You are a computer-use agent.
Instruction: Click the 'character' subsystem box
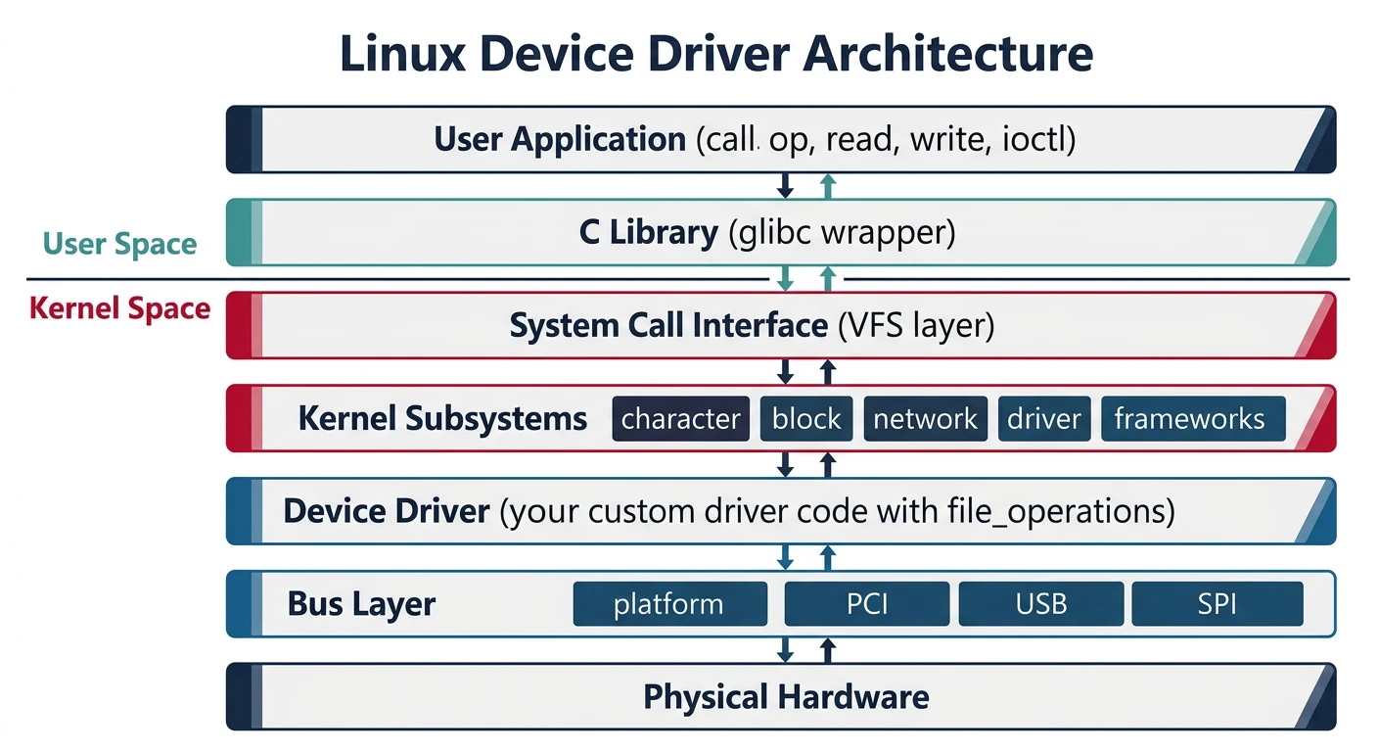pos(680,419)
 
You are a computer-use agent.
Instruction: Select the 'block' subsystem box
pos(806,419)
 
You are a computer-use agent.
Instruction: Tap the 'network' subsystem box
pos(925,419)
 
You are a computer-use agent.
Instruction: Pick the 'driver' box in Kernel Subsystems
pos(1044,419)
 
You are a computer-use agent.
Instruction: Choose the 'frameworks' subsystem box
pos(1190,419)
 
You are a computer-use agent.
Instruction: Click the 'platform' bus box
pos(668,604)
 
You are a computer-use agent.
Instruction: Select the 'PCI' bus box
pos(866,604)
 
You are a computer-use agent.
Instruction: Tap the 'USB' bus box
pos(1040,604)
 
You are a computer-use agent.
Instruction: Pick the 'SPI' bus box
pos(1217,604)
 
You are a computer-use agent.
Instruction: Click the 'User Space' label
pos(119,244)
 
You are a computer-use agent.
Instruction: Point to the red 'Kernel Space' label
pos(119,308)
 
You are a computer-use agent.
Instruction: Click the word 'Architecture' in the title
pos(946,56)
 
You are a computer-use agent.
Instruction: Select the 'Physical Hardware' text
pos(786,697)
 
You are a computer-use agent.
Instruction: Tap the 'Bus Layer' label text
pos(361,603)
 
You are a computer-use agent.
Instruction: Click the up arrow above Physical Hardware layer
pos(828,650)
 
